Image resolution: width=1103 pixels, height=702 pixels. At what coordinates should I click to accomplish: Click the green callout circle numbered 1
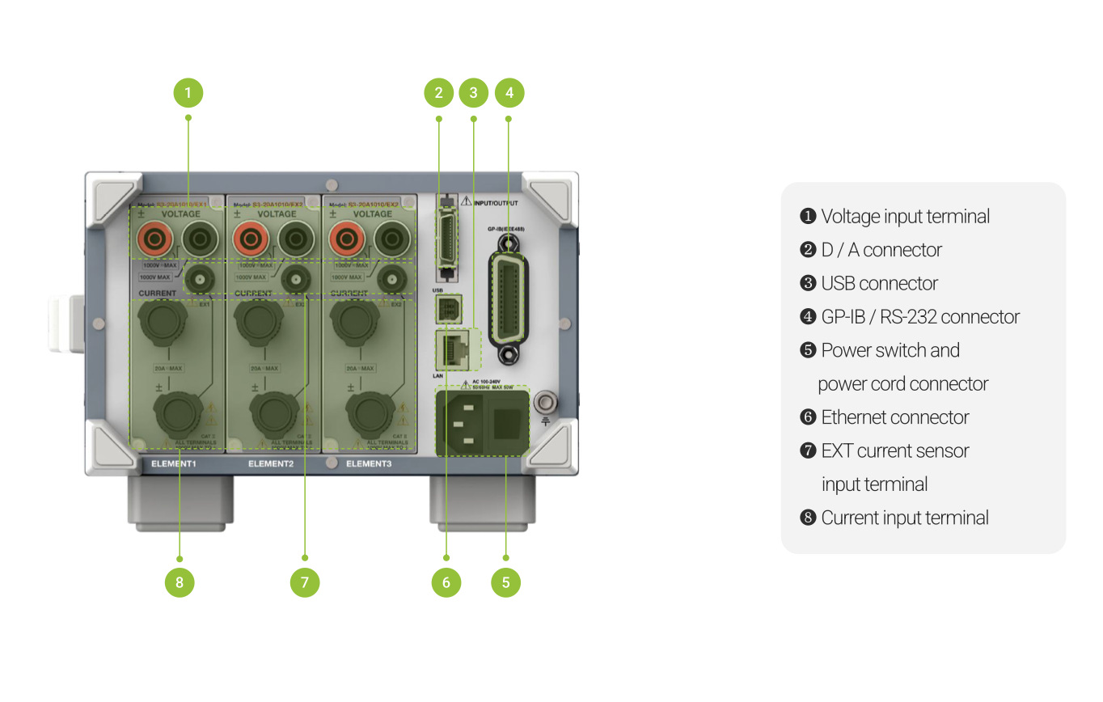point(188,93)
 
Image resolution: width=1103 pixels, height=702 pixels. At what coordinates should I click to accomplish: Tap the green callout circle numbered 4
point(509,93)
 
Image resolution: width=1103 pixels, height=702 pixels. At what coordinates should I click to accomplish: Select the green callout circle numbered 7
point(305,582)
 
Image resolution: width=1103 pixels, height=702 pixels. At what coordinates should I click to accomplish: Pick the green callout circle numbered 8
point(180,582)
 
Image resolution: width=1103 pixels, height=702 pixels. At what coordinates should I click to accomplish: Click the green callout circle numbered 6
point(446,582)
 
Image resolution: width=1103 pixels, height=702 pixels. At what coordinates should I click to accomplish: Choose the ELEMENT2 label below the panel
point(271,464)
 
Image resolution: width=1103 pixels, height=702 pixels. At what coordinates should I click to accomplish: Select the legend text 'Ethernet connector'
point(894,417)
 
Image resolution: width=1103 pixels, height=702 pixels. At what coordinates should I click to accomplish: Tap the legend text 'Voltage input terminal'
point(905,216)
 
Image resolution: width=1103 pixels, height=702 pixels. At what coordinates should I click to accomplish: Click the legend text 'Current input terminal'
point(904,518)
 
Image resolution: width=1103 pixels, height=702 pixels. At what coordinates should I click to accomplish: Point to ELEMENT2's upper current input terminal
point(254,319)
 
